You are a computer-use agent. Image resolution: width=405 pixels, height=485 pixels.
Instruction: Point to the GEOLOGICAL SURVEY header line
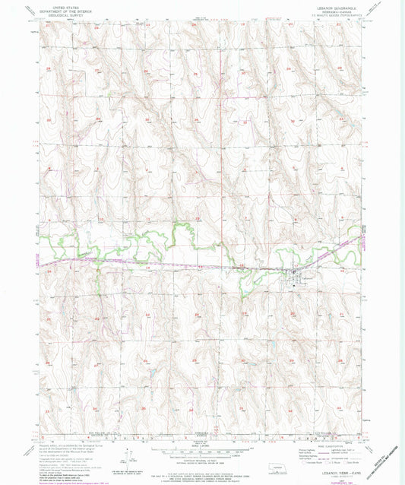tap(66, 14)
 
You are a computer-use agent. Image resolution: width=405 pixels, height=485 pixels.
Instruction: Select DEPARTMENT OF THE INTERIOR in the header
tap(66, 11)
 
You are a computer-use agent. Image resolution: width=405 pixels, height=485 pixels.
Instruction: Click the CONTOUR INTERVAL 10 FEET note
tap(202, 459)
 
